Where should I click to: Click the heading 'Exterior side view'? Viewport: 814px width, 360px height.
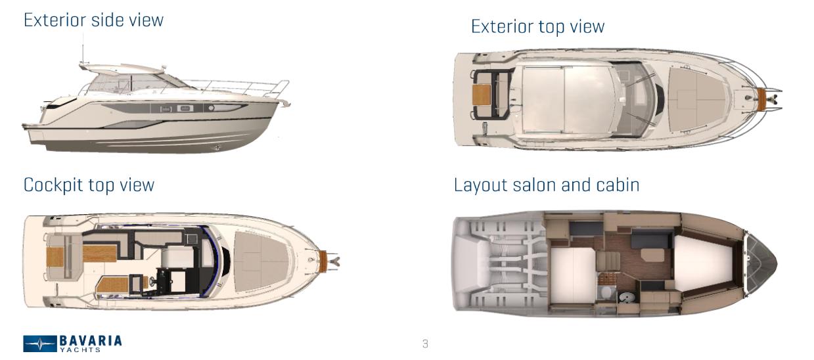(x=93, y=20)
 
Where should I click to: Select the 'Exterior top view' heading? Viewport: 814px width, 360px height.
(x=537, y=26)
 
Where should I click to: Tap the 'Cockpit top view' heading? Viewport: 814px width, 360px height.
(x=89, y=185)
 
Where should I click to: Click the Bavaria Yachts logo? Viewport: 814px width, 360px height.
(x=73, y=342)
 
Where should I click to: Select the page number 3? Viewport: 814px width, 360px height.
(x=425, y=343)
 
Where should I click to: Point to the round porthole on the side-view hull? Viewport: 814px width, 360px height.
(x=212, y=107)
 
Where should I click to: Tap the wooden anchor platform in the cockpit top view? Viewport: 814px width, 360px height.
(x=322, y=260)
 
